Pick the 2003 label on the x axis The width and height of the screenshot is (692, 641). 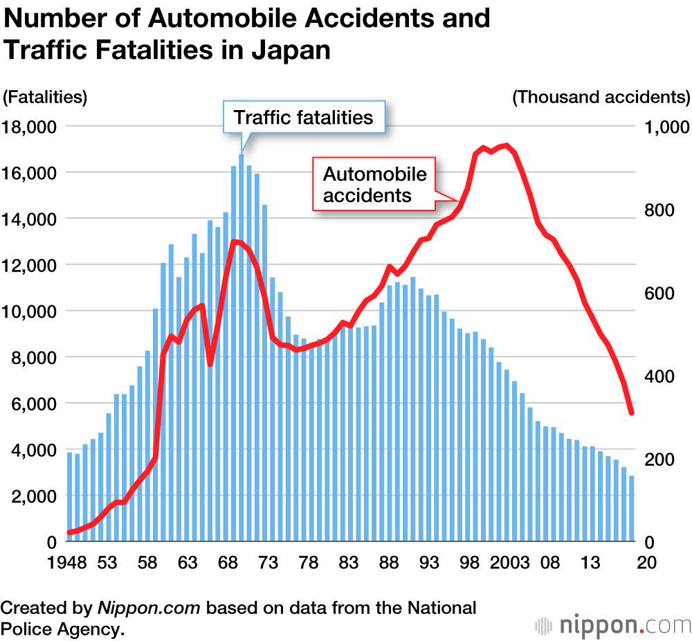(509, 563)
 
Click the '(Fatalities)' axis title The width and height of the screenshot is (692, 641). (45, 97)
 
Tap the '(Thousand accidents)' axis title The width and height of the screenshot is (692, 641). (601, 97)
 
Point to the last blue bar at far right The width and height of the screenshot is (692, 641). (631, 508)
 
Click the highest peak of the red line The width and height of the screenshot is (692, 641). (507, 146)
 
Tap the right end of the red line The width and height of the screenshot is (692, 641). (631, 413)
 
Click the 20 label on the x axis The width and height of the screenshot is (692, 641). (646, 563)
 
